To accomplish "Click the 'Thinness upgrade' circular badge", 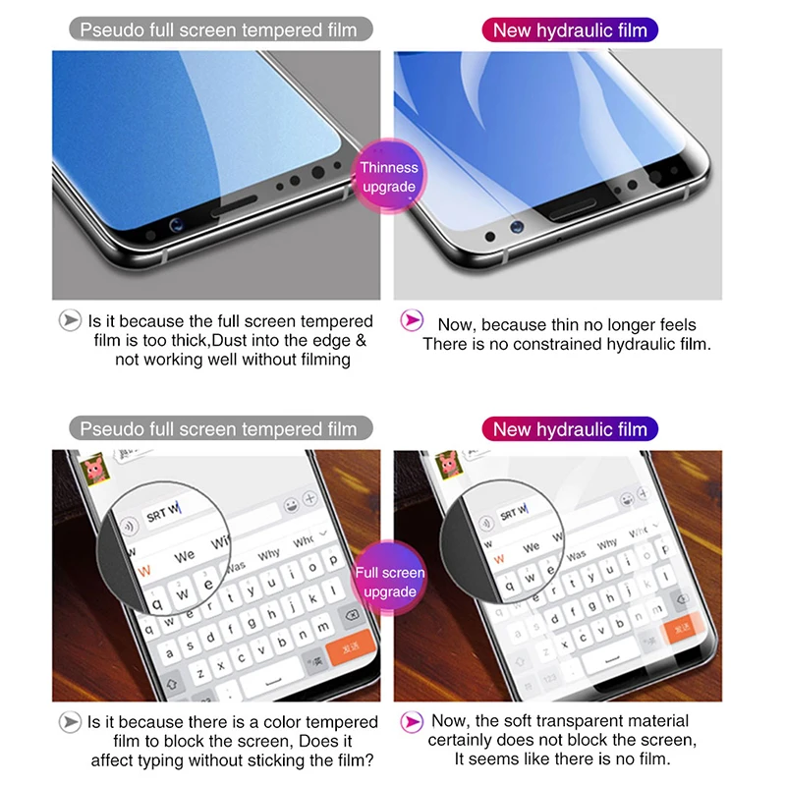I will pyautogui.click(x=390, y=177).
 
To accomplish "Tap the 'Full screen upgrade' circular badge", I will pyautogui.click(x=390, y=582).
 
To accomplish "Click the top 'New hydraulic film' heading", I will pyautogui.click(x=570, y=30).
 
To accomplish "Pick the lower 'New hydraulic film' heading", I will pyautogui.click(x=570, y=429).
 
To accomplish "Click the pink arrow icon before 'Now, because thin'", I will pyautogui.click(x=414, y=320).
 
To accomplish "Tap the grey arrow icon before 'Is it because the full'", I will pyautogui.click(x=70, y=320).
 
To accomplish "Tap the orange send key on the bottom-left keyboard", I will pyautogui.click(x=347, y=647).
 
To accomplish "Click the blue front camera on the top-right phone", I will pyautogui.click(x=515, y=227).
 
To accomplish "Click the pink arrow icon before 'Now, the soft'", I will pyautogui.click(x=414, y=721).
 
